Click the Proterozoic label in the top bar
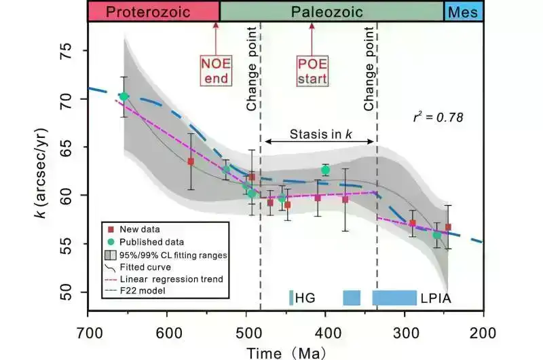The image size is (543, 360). (x=153, y=12)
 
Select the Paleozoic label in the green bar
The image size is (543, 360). (x=327, y=12)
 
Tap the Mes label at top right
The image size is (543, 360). (x=463, y=12)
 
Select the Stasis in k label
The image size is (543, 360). (x=320, y=134)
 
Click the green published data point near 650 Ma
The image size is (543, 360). (x=124, y=96)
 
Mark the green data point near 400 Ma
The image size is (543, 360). (x=325, y=170)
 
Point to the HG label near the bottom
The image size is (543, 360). (x=306, y=298)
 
